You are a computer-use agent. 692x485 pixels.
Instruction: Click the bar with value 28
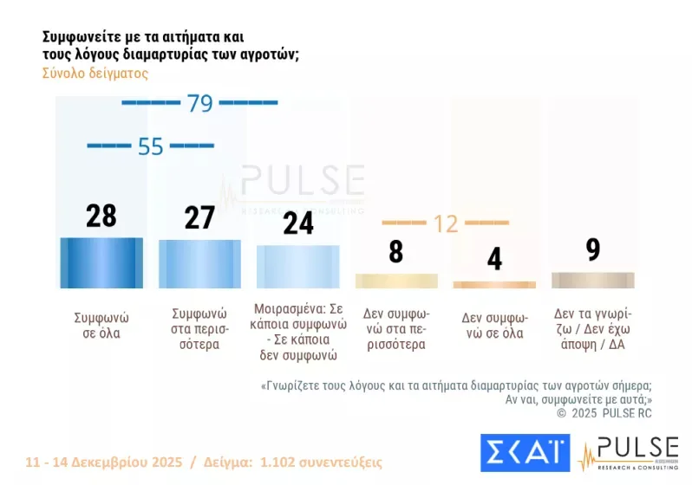tap(101, 262)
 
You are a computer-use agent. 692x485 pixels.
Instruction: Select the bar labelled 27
tap(199, 263)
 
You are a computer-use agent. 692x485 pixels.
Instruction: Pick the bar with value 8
tap(396, 281)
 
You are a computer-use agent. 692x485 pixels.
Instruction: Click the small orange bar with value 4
tap(494, 284)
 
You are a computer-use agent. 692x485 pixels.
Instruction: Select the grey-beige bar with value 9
tap(593, 280)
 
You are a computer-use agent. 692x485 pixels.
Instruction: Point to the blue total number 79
tap(199, 103)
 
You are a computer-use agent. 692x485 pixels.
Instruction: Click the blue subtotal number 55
tap(150, 146)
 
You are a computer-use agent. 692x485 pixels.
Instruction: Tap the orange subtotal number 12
tap(445, 223)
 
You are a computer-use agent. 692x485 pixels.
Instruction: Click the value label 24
tap(298, 223)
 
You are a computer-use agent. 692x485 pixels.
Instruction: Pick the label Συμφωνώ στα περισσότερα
tap(199, 329)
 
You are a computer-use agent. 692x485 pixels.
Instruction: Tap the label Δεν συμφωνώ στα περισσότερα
tap(396, 329)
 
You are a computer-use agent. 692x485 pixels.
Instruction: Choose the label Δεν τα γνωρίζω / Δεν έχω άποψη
tap(593, 329)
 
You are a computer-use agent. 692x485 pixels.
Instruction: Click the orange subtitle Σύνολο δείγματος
tap(95, 74)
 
